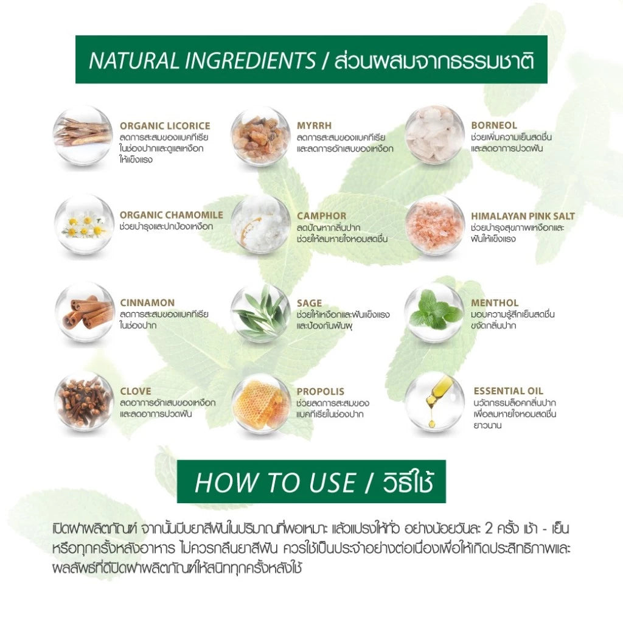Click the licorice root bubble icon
tap(83, 136)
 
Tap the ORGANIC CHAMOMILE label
tap(171, 215)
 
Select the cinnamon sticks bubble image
tap(83, 311)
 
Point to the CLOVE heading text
tap(135, 391)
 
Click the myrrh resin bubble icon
tap(260, 136)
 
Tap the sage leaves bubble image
tap(260, 311)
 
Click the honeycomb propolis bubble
tap(260, 403)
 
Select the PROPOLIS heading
tap(320, 391)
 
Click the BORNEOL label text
tap(493, 126)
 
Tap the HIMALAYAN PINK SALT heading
tap(523, 215)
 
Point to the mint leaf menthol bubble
tap(434, 311)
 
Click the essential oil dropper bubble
tap(434, 402)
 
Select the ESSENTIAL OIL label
tap(508, 391)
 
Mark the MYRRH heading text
tap(314, 126)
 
